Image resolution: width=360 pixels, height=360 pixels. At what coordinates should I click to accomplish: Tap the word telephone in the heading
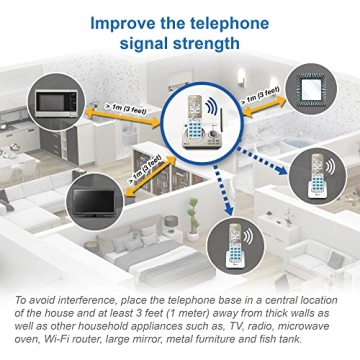[x=243, y=21]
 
